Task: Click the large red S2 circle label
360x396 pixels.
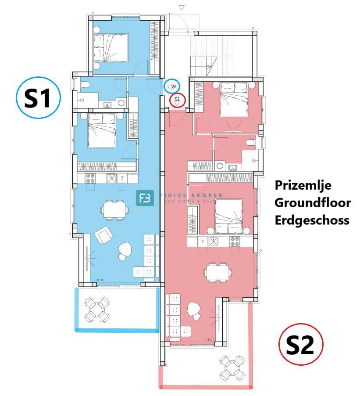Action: click(301, 346)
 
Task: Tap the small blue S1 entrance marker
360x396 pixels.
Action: click(172, 86)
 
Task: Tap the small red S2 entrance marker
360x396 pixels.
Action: click(177, 101)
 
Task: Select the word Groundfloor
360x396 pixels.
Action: click(313, 202)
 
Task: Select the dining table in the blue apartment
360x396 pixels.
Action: click(115, 209)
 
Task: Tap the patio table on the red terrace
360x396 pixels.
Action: click(231, 367)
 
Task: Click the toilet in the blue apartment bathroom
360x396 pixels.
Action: click(86, 84)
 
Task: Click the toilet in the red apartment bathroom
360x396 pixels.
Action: click(250, 142)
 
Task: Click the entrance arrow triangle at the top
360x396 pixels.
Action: click(182, 7)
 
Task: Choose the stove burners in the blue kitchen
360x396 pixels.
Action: click(90, 178)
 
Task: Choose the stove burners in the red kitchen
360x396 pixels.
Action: click(235, 241)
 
